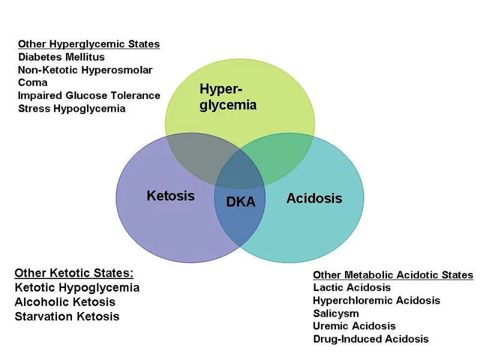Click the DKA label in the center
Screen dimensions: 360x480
[241, 202]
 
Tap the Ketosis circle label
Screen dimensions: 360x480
[170, 196]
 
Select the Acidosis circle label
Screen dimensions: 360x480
[314, 198]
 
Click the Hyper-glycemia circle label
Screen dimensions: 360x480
[228, 97]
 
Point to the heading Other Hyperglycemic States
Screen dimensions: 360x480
[89, 44]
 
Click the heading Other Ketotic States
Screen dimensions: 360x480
[74, 273]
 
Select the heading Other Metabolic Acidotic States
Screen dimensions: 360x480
[393, 275]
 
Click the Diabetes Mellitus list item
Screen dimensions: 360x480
[61, 57]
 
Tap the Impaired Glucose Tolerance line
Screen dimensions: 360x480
[89, 95]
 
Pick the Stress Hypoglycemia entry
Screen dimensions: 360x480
[71, 109]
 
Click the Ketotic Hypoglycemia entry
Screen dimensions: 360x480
[77, 287]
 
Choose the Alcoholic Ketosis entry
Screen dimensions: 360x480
[65, 302]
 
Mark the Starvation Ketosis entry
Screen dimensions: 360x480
[67, 316]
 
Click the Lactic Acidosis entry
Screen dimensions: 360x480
[352, 287]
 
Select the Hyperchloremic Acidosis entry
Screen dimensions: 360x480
[376, 300]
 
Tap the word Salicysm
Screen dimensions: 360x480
[336, 313]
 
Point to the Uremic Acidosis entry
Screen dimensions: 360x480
[354, 326]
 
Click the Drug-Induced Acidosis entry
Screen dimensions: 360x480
[371, 339]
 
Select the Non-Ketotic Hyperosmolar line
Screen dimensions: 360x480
[85, 70]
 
